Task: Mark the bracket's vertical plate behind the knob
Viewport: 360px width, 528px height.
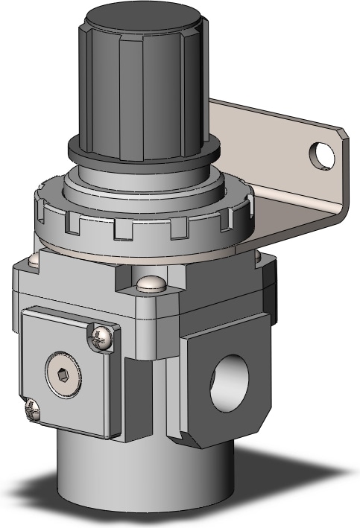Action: (246, 141)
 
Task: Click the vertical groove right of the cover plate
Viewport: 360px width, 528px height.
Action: (134, 395)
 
